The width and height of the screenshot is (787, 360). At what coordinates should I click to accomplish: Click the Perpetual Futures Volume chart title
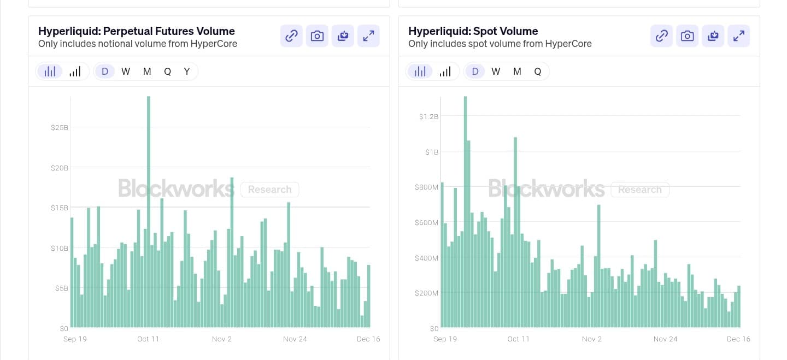coord(137,31)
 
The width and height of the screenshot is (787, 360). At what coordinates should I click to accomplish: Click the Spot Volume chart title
coord(473,31)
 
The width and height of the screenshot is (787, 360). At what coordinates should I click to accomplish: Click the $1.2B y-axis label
coord(428,116)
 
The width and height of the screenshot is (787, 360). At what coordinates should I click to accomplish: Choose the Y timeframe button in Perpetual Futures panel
coord(187,72)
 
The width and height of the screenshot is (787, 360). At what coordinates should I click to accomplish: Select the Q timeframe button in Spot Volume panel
coord(537,72)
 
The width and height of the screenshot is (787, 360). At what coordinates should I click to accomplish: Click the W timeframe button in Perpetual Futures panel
coord(126,72)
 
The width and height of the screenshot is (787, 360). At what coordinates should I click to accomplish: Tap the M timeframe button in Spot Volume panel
coord(517,72)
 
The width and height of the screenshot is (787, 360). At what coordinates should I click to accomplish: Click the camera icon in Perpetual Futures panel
coord(317,36)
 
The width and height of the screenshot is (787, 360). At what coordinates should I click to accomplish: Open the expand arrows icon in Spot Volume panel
coord(738,36)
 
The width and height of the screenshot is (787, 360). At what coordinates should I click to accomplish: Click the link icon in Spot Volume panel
coord(661,36)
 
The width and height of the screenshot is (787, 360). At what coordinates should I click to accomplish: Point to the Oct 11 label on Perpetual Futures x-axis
coord(148,339)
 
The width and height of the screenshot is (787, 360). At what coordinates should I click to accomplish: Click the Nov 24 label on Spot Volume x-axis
coord(665,339)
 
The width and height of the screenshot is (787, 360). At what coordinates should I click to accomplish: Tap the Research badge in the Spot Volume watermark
coord(639,190)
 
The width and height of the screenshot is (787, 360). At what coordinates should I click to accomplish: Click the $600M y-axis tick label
coord(426,222)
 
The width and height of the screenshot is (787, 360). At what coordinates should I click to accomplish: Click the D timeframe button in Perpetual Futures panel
coord(105,72)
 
